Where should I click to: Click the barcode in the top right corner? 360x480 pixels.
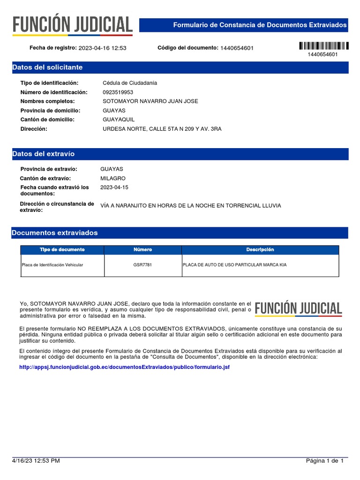pyautogui.click(x=324, y=46)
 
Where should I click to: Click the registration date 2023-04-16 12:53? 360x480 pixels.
pyautogui.click(x=102, y=48)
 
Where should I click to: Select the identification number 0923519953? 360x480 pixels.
pyautogui.click(x=118, y=92)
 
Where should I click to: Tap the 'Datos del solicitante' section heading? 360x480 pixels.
pyautogui.click(x=47, y=67)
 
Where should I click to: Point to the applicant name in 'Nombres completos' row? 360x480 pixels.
pyautogui.click(x=150, y=101)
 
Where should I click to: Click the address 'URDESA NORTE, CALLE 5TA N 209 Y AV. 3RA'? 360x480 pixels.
pyautogui.click(x=162, y=129)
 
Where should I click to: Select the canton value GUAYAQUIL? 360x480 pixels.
pyautogui.click(x=119, y=120)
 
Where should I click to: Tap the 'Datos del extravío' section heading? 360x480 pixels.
pyautogui.click(x=43, y=154)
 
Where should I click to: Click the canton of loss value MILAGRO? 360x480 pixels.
pyautogui.click(x=113, y=178)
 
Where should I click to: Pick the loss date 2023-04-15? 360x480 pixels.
pyautogui.click(x=114, y=187)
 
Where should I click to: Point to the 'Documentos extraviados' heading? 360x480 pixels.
pyautogui.click(x=55, y=233)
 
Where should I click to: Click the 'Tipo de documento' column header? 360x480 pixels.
pyautogui.click(x=62, y=250)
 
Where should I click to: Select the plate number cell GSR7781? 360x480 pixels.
pyautogui.click(x=142, y=265)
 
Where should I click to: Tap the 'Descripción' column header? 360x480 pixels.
pyautogui.click(x=260, y=250)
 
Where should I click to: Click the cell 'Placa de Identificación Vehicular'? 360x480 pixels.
pyautogui.click(x=52, y=265)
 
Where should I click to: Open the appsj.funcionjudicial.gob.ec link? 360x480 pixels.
pyautogui.click(x=124, y=367)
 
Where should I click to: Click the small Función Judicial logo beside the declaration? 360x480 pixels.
pyautogui.click(x=298, y=309)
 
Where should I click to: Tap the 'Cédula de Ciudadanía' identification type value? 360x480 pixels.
pyautogui.click(x=130, y=83)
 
